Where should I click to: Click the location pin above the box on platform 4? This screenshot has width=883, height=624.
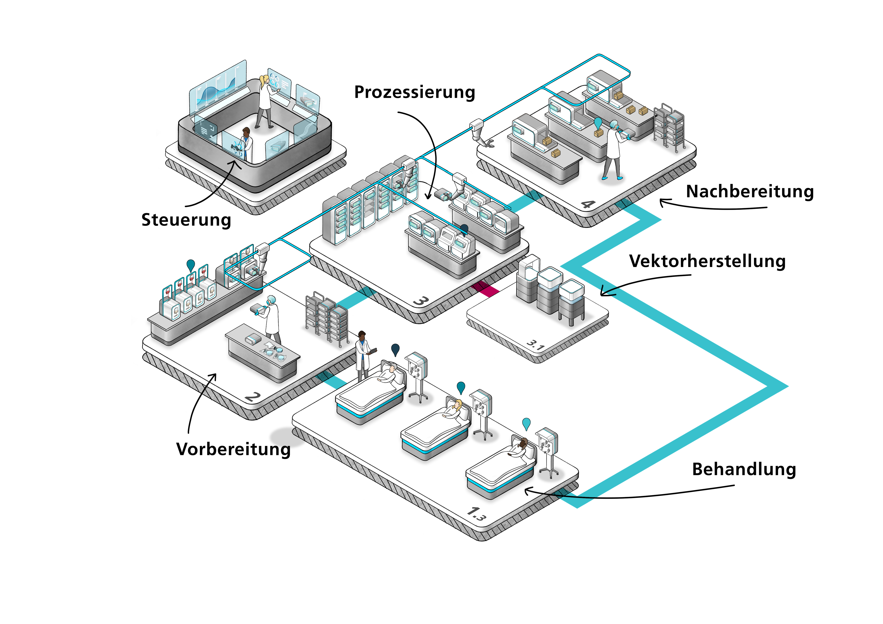(598, 123)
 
